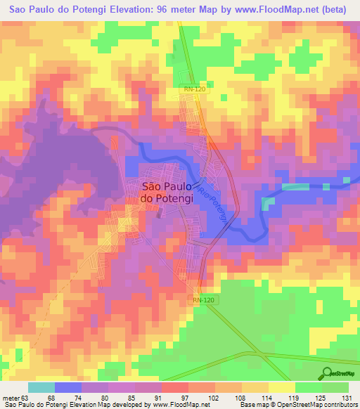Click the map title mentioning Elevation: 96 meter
[179, 11]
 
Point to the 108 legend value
[240, 398]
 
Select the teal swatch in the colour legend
[41, 388]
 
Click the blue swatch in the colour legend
[68, 388]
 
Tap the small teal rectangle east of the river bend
[269, 203]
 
